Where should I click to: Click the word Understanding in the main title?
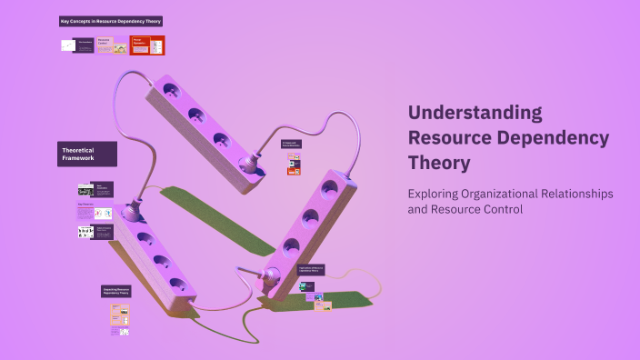click(x=475, y=113)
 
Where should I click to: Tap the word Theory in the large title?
click(x=439, y=163)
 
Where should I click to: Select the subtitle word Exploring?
click(x=435, y=195)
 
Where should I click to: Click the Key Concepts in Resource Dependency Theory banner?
click(x=111, y=21)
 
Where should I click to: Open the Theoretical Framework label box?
click(x=87, y=154)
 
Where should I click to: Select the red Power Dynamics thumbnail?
click(x=146, y=45)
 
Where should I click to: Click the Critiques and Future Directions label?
click(x=292, y=144)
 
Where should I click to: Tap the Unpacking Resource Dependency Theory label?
click(x=116, y=291)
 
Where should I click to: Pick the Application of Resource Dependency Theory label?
click(x=310, y=270)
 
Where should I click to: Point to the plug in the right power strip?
click(x=271, y=278)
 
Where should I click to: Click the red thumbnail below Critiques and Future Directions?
click(x=294, y=169)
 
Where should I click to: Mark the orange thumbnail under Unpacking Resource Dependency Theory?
click(x=120, y=315)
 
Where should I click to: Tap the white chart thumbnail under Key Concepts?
click(x=68, y=45)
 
